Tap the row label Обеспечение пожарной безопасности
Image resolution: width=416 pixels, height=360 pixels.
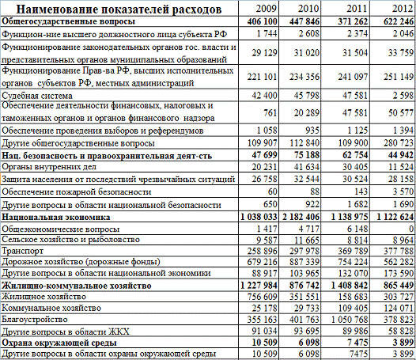click(x=76, y=191)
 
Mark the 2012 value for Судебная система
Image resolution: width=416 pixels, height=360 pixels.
click(x=400, y=95)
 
